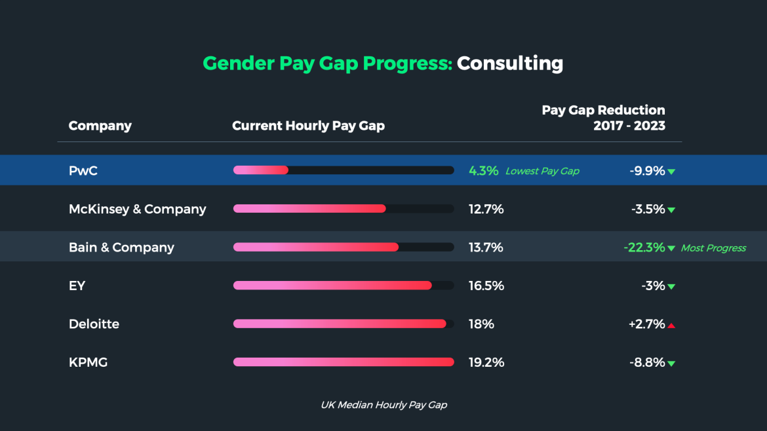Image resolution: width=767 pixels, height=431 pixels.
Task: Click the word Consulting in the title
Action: (509, 64)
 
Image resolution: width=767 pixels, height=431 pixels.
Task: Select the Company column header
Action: (100, 126)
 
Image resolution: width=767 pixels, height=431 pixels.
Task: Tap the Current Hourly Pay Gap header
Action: (308, 126)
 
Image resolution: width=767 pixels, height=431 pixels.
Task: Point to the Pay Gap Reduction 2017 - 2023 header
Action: (603, 118)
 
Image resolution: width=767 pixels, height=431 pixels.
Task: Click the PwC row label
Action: (83, 171)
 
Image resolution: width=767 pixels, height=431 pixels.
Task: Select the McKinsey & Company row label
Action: (137, 210)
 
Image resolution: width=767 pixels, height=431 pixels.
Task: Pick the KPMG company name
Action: (88, 362)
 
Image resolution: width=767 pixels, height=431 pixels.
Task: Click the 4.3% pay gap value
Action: (483, 171)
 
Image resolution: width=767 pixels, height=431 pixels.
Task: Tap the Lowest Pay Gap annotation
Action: (542, 172)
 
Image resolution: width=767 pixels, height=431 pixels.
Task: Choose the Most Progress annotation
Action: (713, 248)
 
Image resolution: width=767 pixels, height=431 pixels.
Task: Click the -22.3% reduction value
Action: (644, 248)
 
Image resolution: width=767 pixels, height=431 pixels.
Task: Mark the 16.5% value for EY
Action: (486, 286)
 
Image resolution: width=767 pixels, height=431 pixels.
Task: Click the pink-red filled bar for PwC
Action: (261, 170)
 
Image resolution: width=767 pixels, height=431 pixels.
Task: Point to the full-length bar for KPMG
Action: (344, 362)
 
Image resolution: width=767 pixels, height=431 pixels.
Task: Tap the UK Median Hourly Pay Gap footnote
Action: (383, 405)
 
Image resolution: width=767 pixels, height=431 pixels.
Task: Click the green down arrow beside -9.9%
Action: (671, 172)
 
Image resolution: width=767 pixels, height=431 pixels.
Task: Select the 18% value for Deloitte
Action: (481, 324)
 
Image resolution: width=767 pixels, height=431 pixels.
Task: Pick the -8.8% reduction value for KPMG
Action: (647, 362)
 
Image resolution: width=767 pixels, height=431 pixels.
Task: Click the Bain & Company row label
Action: (121, 248)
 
